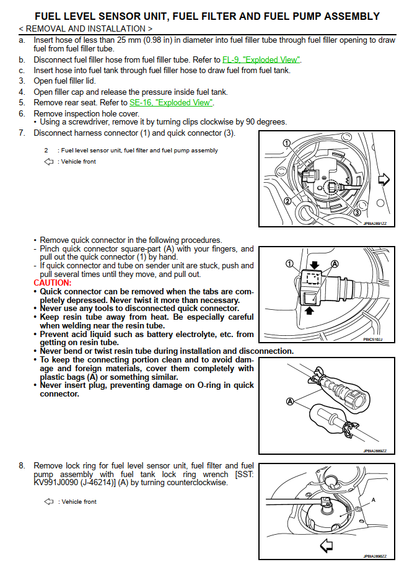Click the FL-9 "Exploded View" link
pyautogui.click(x=261, y=60)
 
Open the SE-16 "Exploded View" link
pyautogui.click(x=170, y=102)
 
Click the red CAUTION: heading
pyautogui.click(x=53, y=283)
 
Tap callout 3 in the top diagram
pyautogui.click(x=357, y=213)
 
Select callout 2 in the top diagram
pyautogui.click(x=287, y=201)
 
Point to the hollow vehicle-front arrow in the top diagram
pyautogui.click(x=384, y=180)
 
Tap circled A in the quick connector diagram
pyautogui.click(x=335, y=263)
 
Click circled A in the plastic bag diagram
pyautogui.click(x=289, y=401)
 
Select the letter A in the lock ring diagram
pyautogui.click(x=373, y=499)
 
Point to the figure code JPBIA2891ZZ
pyautogui.click(x=374, y=224)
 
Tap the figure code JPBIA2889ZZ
pyautogui.click(x=374, y=450)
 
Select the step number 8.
pyautogui.click(x=22, y=465)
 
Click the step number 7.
pyautogui.click(x=22, y=133)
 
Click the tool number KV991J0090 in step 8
pyautogui.click(x=58, y=483)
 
